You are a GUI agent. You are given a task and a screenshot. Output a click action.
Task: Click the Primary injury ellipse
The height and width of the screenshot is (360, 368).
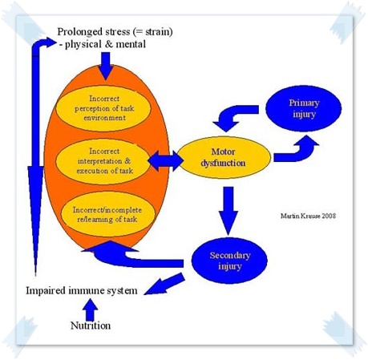pos(303,108)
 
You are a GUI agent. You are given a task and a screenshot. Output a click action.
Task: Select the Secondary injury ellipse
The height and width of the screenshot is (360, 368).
pos(229,261)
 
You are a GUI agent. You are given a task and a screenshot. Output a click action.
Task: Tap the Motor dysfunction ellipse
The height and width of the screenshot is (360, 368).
pos(224,157)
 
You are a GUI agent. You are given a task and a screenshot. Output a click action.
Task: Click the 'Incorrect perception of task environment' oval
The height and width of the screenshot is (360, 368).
pos(103,108)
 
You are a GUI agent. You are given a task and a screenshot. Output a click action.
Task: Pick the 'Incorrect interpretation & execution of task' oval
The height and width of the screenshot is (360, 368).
pos(103,161)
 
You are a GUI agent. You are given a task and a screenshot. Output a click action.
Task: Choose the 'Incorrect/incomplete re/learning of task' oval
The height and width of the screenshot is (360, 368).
pos(107,214)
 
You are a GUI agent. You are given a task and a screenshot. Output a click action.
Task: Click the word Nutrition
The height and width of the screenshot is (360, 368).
pos(91,326)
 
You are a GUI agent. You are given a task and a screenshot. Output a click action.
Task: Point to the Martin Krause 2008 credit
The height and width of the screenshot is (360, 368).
pos(308,216)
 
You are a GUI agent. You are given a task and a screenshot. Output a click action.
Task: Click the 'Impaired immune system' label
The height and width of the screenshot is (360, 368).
pos(82,290)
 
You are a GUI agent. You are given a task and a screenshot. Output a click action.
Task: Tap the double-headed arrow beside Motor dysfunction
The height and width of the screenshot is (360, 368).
pos(165,161)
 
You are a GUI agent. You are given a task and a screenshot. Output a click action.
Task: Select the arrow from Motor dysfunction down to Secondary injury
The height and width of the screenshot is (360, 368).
pos(228,211)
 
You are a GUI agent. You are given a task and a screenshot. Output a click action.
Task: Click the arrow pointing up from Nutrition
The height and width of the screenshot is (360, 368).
pos(90,309)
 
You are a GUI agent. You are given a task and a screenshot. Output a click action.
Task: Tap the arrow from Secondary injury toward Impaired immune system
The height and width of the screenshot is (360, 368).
pos(165,285)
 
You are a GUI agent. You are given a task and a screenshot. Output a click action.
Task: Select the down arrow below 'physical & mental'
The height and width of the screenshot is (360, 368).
pos(106,66)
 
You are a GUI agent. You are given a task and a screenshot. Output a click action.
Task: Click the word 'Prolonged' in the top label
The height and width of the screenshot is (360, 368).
pos(79,32)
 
